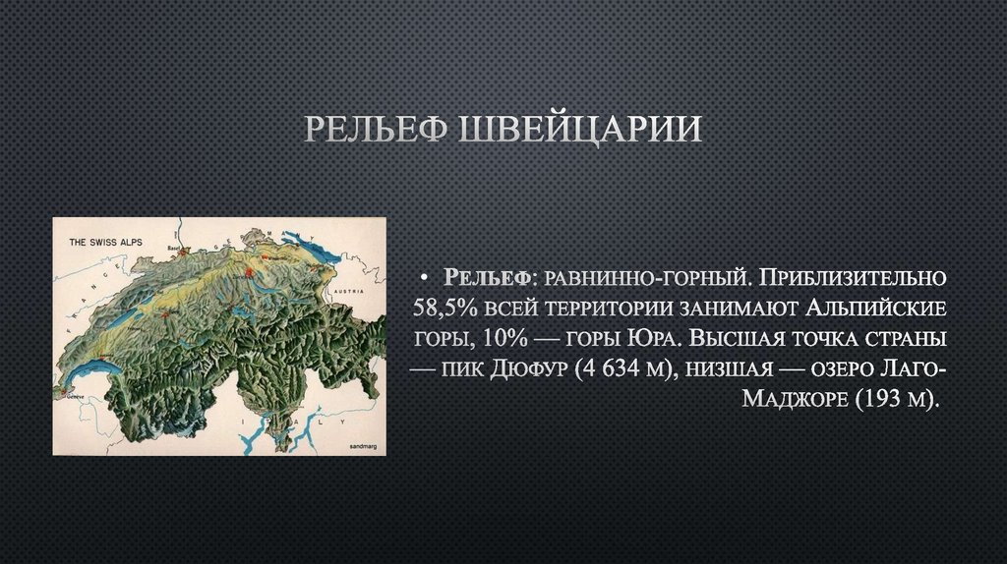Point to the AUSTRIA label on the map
pyautogui.click(x=348, y=293)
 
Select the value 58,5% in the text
pyautogui.click(x=441, y=307)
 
